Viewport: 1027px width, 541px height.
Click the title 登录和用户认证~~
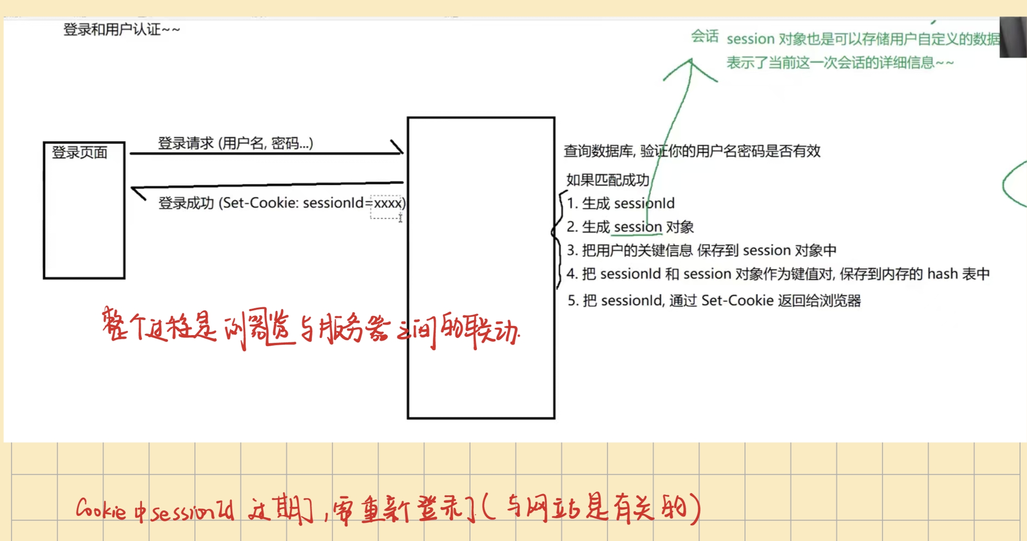[x=121, y=30]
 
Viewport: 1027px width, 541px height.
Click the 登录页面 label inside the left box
[x=79, y=152]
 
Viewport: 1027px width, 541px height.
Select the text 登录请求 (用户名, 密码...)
[x=235, y=143]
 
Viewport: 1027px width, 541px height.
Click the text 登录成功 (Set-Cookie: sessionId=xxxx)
[x=281, y=203]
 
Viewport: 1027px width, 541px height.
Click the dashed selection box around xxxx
[x=386, y=207]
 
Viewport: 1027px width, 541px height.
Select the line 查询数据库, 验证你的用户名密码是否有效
[x=692, y=151]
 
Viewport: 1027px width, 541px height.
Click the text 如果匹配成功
[x=608, y=180]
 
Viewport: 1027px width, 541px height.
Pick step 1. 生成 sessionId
[x=620, y=203]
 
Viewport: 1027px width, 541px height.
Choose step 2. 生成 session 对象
[x=630, y=227]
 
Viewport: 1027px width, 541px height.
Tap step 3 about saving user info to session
[x=701, y=250]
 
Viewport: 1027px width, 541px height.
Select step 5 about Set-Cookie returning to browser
[x=714, y=300]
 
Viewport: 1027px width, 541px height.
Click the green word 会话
[x=704, y=36]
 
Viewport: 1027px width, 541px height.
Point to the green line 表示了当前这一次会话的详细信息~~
[x=840, y=63]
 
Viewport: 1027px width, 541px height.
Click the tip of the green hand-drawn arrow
[x=691, y=60]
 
